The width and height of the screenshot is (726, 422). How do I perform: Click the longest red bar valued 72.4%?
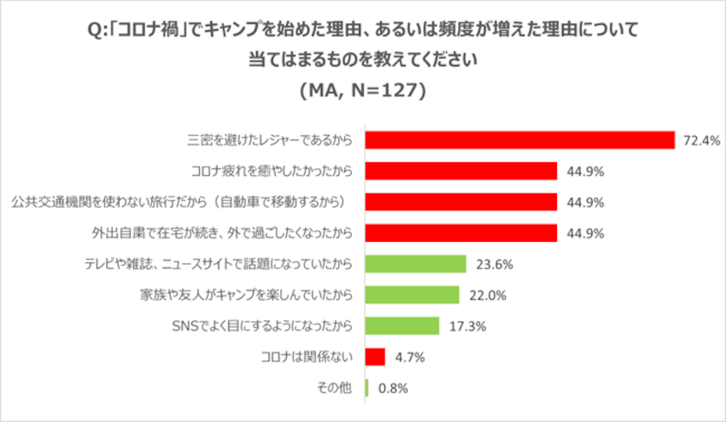tap(520, 140)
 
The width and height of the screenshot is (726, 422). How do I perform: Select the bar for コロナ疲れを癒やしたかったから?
tap(461, 171)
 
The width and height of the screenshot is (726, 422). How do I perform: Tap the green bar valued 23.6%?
tap(416, 264)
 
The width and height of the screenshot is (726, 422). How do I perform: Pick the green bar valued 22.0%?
tap(413, 295)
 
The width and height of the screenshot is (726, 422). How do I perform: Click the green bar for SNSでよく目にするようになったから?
tap(402, 325)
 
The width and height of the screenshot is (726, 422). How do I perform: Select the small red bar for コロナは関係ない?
tap(376, 356)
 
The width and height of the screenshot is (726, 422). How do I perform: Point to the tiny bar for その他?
tap(367, 388)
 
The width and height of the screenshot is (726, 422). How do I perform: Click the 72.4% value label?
tap(700, 140)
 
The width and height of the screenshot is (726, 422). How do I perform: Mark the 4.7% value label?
tap(411, 356)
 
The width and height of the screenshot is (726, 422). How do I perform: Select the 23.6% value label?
tap(495, 264)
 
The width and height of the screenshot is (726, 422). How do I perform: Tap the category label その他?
tap(335, 388)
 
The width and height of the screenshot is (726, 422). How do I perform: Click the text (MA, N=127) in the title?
tap(363, 89)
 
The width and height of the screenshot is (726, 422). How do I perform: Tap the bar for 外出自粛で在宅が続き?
tap(461, 233)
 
